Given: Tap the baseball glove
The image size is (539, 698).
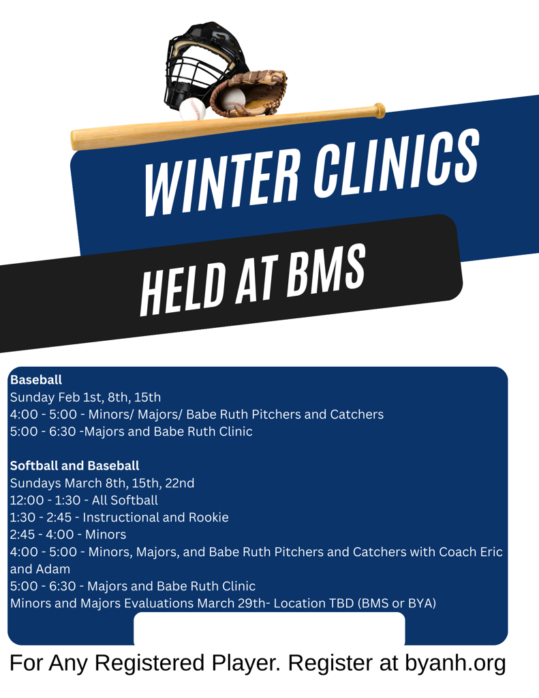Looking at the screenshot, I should tap(252, 92).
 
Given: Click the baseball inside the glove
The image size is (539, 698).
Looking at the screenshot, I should tap(234, 100).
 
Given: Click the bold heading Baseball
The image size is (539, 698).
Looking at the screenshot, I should tap(36, 379).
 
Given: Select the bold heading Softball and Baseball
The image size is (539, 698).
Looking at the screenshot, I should tap(74, 466).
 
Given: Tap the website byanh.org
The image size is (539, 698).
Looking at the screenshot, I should tap(455, 663).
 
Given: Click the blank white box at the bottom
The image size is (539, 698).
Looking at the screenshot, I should tap(269, 628).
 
